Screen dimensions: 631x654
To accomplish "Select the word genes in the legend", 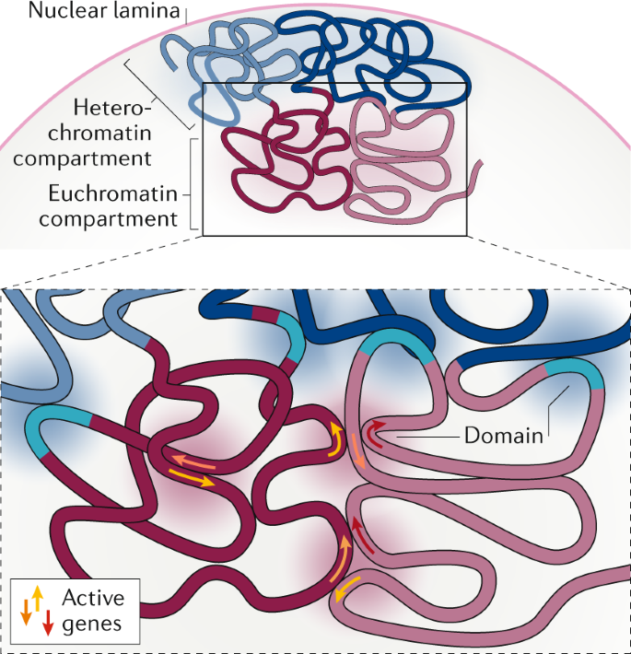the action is pyautogui.click(x=91, y=624).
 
